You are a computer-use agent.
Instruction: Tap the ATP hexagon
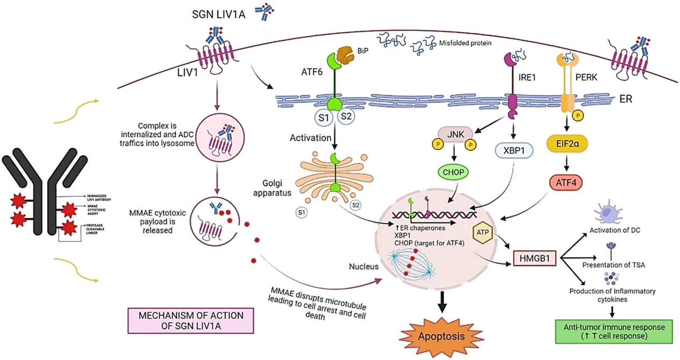click(479, 232)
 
